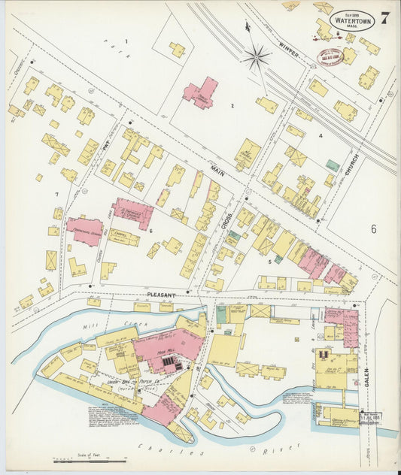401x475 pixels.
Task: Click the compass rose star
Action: [x=257, y=55]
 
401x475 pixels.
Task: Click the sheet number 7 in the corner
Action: [x=384, y=18]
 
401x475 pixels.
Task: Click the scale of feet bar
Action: [x=83, y=459]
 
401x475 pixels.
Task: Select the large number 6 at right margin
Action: [x=372, y=228]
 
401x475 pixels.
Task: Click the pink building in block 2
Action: [x=200, y=93]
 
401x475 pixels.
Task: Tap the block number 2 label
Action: [x=232, y=106]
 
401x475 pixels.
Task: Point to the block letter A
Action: [x=320, y=135]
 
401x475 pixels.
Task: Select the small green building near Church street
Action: [x=332, y=164]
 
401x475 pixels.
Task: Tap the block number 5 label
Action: [x=269, y=262]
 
